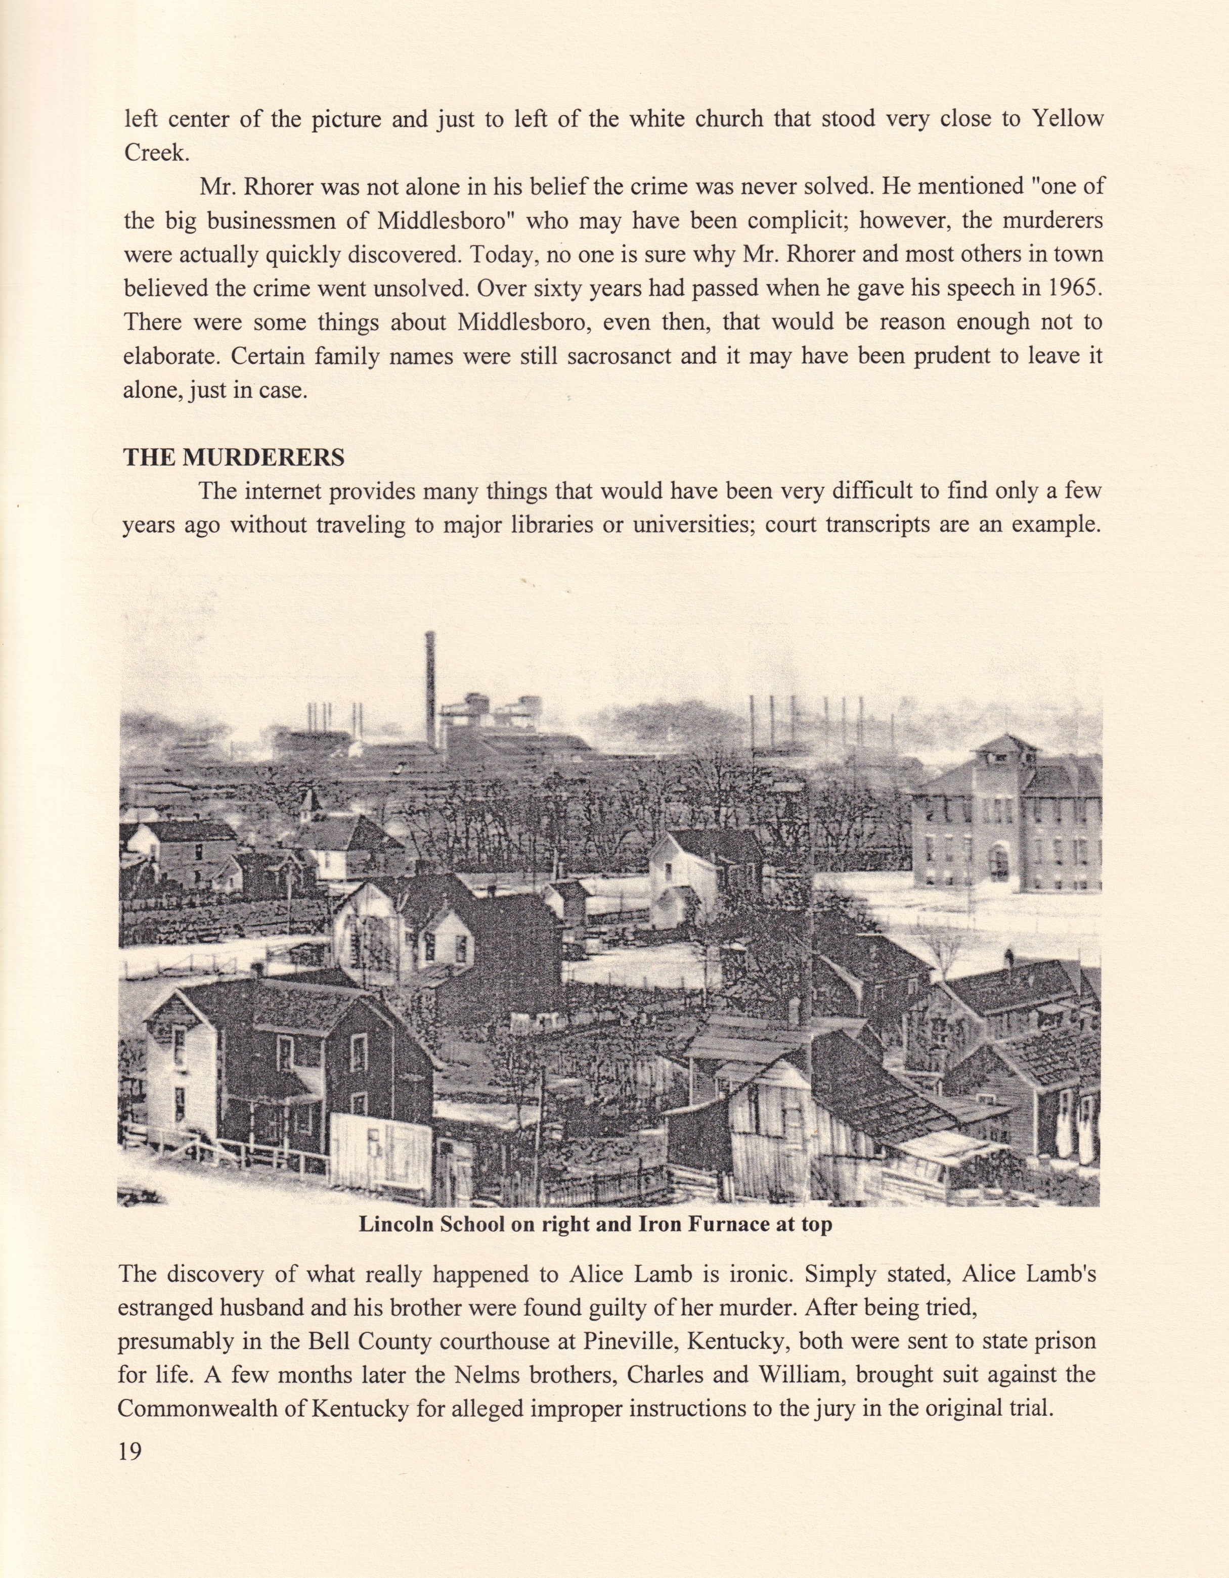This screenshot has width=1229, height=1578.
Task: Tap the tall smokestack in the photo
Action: point(431,686)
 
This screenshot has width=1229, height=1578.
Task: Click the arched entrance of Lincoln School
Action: point(998,864)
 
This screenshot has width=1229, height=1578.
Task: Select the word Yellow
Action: point(1068,118)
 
